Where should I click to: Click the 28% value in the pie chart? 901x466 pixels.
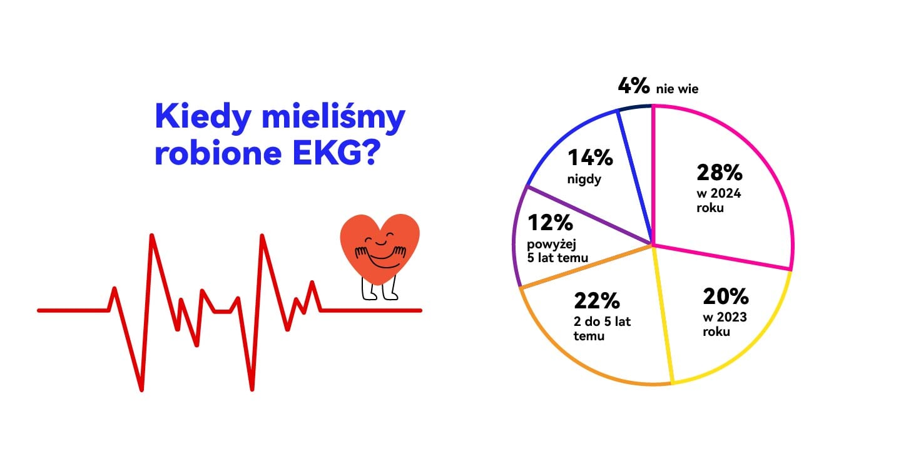[719, 173]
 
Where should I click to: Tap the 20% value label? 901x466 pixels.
[726, 296]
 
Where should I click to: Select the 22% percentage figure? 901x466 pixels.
[597, 300]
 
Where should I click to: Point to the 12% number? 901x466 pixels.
[550, 222]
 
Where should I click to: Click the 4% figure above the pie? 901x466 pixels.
[634, 86]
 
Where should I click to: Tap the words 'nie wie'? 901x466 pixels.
[678, 89]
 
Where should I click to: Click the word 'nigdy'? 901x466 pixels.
[584, 180]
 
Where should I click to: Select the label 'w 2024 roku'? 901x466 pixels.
[719, 201]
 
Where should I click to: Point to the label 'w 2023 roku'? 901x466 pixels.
[725, 324]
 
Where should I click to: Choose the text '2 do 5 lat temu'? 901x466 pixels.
[602, 328]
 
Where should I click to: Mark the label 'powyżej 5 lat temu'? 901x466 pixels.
[557, 251]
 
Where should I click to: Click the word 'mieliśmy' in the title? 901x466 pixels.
[333, 117]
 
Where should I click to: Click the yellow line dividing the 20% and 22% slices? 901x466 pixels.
[663, 314]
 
